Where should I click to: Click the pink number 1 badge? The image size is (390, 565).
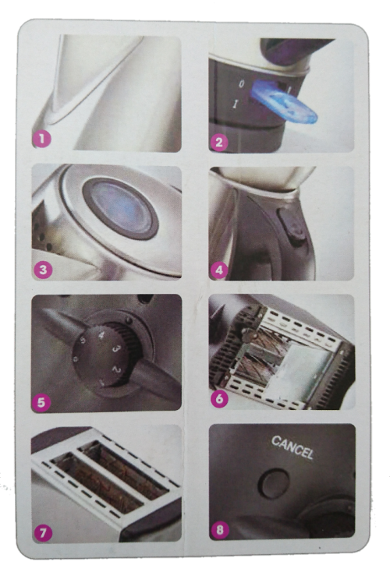[x=42, y=139]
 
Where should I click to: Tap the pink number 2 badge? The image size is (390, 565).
[x=218, y=143]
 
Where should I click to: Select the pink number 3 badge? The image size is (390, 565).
[x=43, y=270]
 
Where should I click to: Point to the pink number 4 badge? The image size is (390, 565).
[x=218, y=270]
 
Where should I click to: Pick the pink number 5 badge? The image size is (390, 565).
[x=41, y=402]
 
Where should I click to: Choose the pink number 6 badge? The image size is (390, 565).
[x=219, y=398]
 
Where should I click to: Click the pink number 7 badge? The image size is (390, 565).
[x=43, y=532]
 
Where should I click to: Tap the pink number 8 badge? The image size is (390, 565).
[x=219, y=530]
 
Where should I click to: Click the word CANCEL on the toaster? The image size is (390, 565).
[x=292, y=447]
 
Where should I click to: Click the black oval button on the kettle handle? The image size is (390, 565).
[x=292, y=226]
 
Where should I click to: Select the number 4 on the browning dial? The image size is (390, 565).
[x=101, y=335]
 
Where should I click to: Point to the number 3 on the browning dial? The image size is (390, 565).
[x=116, y=349]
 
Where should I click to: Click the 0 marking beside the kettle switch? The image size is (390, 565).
[x=241, y=84]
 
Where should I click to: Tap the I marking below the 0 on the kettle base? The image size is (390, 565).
[x=236, y=104]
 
